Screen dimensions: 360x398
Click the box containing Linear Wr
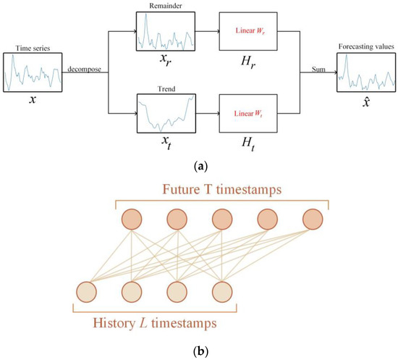[247, 32]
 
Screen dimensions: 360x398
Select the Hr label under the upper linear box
[247, 64]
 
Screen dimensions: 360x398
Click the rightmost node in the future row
[313, 219]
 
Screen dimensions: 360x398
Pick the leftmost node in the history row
[86, 291]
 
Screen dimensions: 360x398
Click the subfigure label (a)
[198, 166]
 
